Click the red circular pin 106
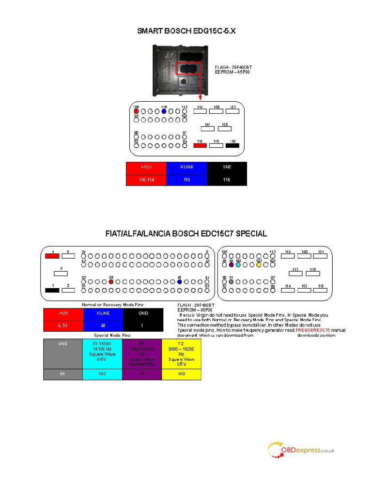coord(136,111)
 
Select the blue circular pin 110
coord(164,111)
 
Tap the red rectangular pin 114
coord(200,145)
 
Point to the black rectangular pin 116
coord(232,145)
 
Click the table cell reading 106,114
coord(146,180)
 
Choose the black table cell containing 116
coord(227,180)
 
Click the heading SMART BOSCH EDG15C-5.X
coord(186,31)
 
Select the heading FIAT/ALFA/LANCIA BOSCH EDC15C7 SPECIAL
coord(186,233)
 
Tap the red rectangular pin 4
coord(51,256)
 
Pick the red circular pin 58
coord(111,281)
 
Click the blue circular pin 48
coord(180,281)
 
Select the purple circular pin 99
coord(232,265)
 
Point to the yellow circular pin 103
coord(259,265)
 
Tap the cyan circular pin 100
coord(238,265)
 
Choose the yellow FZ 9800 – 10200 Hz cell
coord(181,354)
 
